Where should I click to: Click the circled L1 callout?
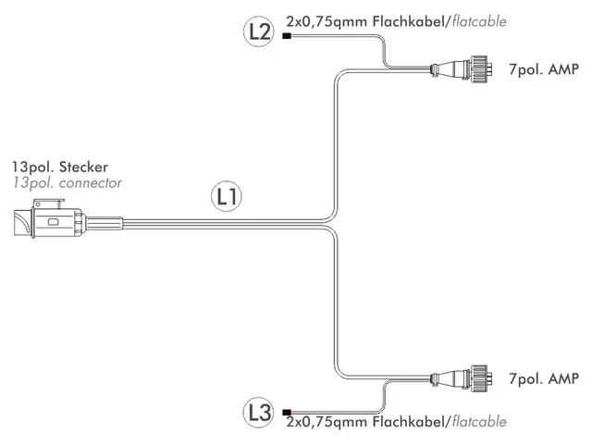pos(226,196)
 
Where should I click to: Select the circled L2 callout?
pos(259,31)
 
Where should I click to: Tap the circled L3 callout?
pos(259,412)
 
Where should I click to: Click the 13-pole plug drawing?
pos(68,219)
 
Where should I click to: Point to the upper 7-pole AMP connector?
pos(461,69)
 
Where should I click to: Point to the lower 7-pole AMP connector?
pos(461,378)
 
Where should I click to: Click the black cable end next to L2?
pos(287,36)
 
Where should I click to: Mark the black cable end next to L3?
pos(287,412)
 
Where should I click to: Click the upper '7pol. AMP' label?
pos(544,69)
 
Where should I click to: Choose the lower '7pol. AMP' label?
pos(544,378)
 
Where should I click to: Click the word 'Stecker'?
pos(83,167)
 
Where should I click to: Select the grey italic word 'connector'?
pos(91,183)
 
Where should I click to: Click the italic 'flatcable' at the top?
pos(479,21)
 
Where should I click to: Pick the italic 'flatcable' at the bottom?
pos(479,422)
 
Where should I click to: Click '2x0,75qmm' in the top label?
pos(327,22)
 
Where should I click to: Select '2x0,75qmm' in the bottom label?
pos(327,423)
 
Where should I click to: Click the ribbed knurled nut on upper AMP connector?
pos(479,69)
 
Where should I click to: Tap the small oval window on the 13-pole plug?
pos(53,222)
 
